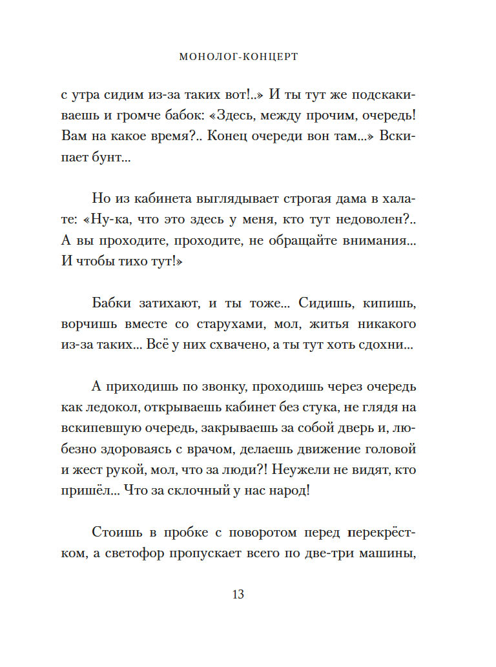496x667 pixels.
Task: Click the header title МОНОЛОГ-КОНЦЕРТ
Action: coord(238,57)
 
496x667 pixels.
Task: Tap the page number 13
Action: coord(238,595)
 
